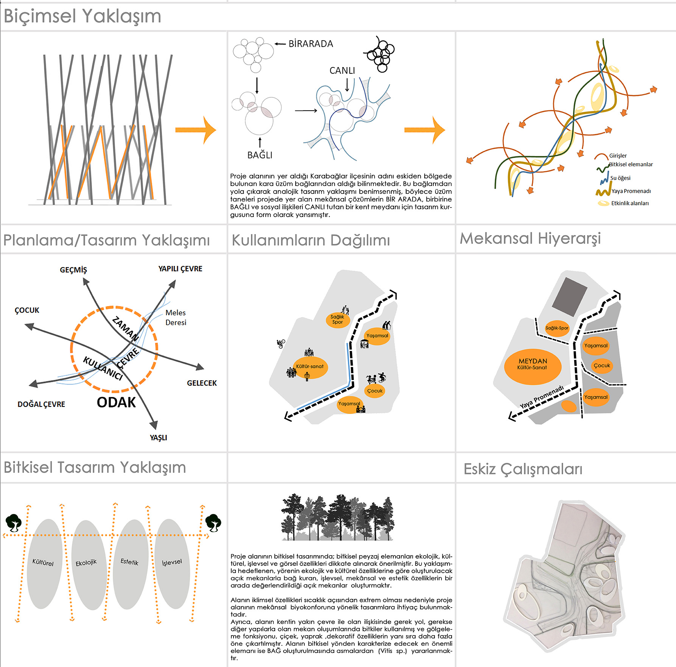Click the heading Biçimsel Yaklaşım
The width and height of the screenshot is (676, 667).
click(x=83, y=16)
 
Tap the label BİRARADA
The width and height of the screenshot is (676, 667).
click(x=310, y=44)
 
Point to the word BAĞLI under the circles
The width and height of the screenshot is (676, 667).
click(x=260, y=155)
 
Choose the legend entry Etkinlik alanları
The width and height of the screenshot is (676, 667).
click(x=629, y=203)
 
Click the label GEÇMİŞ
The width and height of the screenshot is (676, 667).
click(x=73, y=270)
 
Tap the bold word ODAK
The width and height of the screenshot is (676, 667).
click(x=116, y=402)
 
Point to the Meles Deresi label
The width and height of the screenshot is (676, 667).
click(x=176, y=317)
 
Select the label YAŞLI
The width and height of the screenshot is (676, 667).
click(x=158, y=438)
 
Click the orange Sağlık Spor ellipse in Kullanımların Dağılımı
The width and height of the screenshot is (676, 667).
click(x=337, y=320)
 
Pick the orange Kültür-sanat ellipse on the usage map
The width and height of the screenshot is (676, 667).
click(x=310, y=367)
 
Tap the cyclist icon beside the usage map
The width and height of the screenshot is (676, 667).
click(x=281, y=344)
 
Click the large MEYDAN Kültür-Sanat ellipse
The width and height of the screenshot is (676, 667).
click(x=533, y=366)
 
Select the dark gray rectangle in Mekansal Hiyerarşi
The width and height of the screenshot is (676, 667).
click(x=569, y=296)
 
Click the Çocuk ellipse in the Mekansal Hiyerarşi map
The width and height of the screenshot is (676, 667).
click(x=601, y=366)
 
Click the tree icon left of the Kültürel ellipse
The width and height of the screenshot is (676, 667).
click(x=14, y=523)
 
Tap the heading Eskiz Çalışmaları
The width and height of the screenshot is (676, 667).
click(x=523, y=469)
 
